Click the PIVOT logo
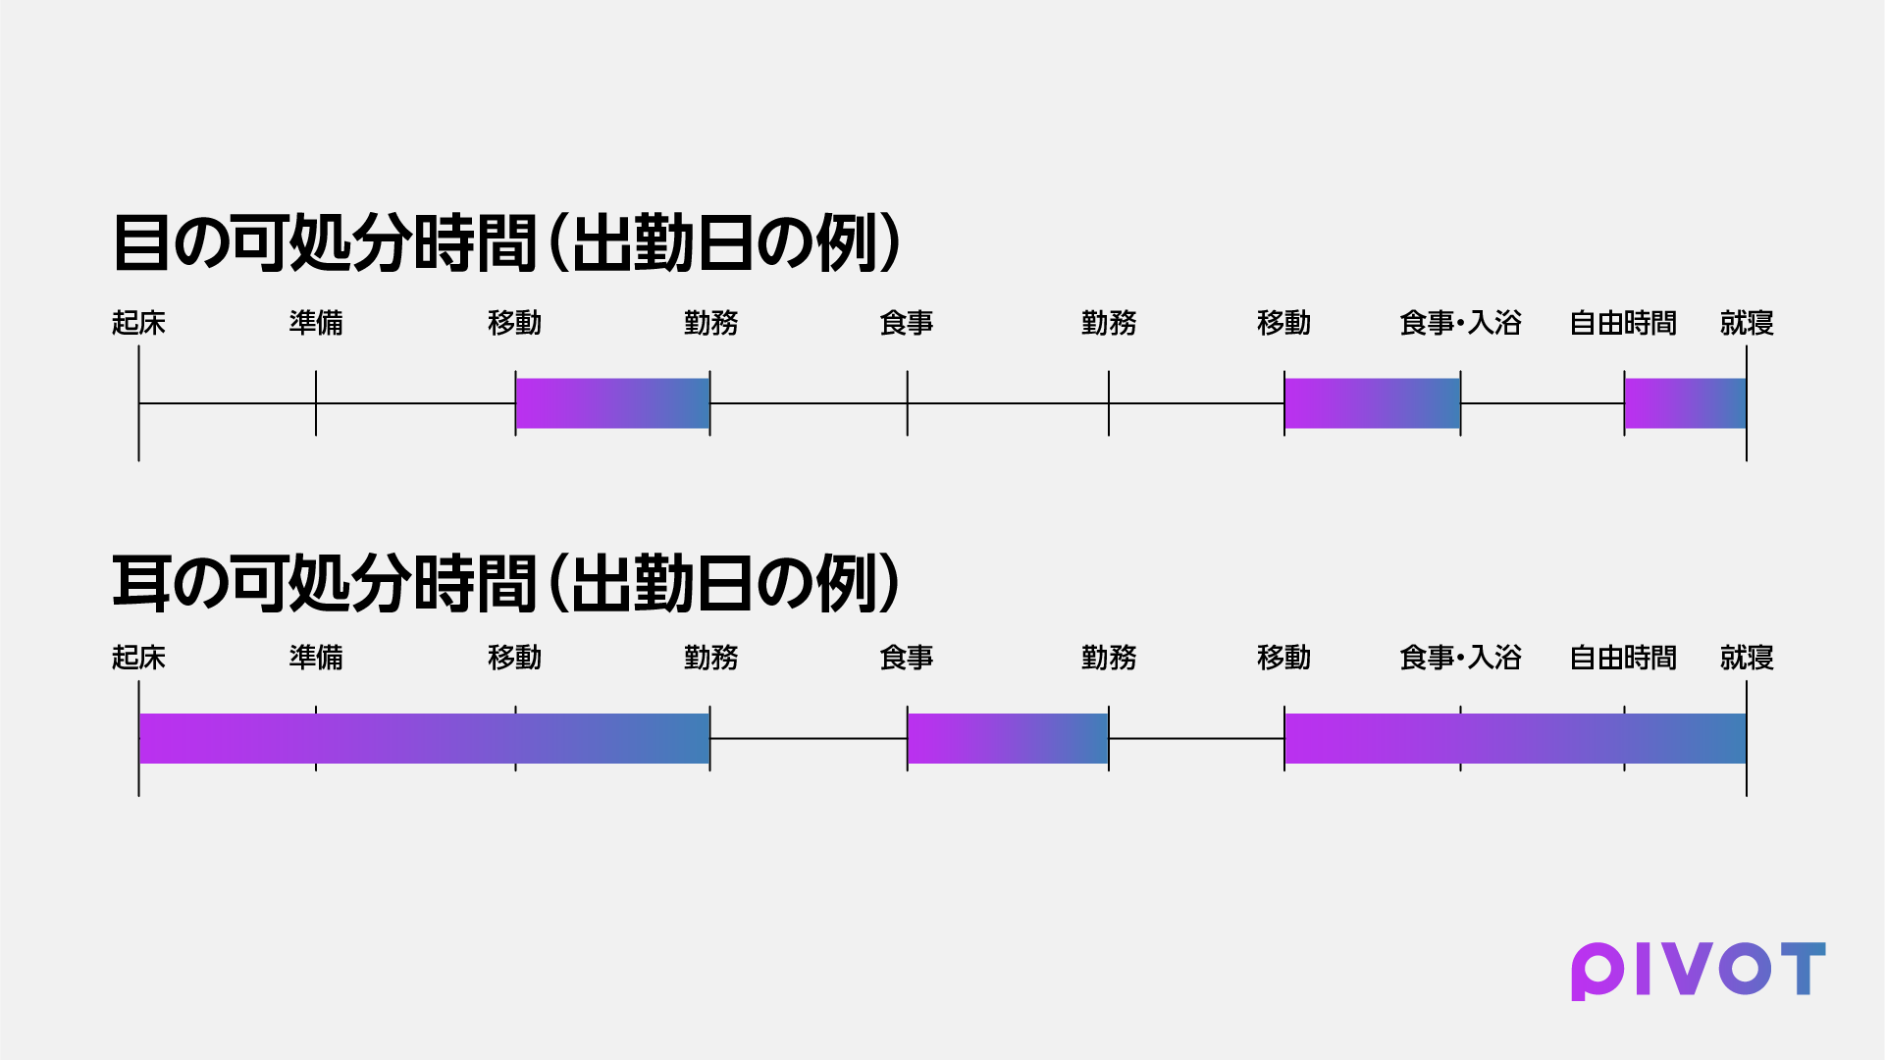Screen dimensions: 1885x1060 click(x=1698, y=971)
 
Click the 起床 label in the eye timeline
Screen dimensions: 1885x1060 click(x=138, y=323)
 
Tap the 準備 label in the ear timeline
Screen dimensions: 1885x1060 click(x=316, y=658)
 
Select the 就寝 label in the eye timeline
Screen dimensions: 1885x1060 click(x=1747, y=323)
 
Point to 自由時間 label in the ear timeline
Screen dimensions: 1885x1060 click(x=1623, y=658)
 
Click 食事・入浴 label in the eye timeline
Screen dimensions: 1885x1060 click(x=1460, y=323)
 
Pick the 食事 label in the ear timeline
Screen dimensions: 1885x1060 click(x=907, y=658)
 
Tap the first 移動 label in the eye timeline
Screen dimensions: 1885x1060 click(x=514, y=323)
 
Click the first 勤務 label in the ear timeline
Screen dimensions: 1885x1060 click(x=710, y=658)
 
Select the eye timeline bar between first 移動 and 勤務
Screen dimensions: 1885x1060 click(x=612, y=403)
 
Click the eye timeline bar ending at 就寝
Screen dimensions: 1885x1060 click(x=1685, y=403)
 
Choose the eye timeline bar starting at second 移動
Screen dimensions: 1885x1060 click(x=1372, y=403)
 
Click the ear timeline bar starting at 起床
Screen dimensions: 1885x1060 click(x=424, y=738)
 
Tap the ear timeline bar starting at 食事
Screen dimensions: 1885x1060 click(x=1008, y=738)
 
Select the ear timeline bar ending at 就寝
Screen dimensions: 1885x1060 click(x=1515, y=738)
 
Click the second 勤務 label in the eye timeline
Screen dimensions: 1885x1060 click(x=1109, y=323)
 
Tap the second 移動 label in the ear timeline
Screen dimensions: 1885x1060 click(x=1283, y=658)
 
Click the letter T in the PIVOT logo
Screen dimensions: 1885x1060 click(x=1804, y=969)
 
